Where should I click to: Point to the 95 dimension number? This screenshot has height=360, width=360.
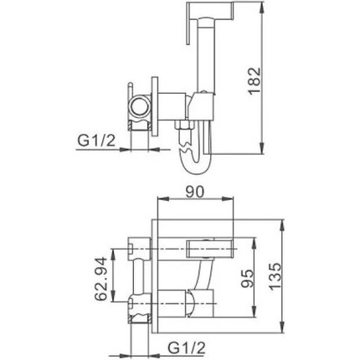coord(248,276)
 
